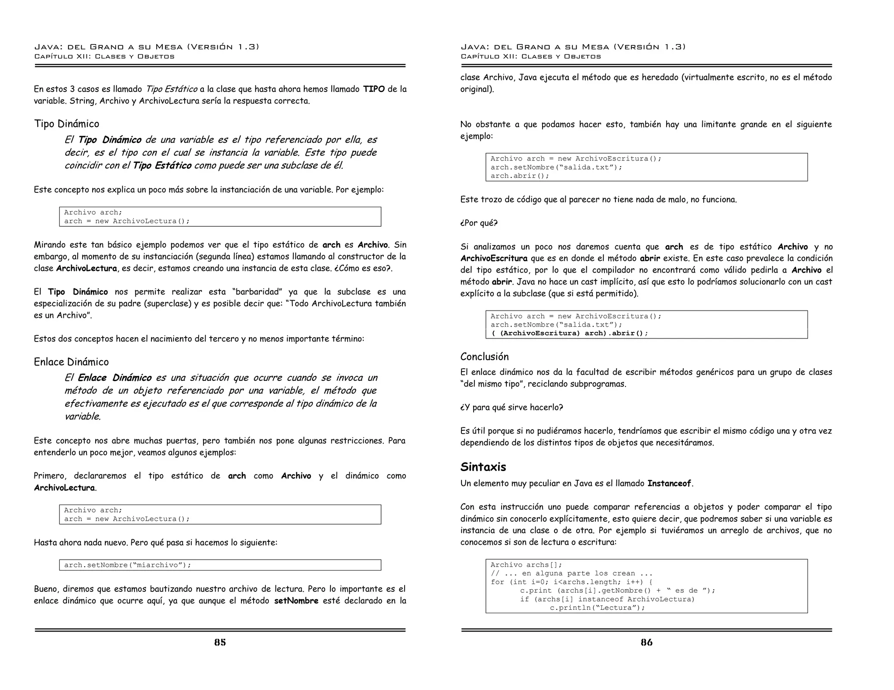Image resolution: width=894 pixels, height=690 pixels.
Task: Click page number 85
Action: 220,642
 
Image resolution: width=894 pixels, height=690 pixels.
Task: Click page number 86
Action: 646,642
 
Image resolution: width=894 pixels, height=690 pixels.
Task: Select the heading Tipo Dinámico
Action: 66,124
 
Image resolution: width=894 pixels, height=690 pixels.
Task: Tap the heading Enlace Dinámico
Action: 71,362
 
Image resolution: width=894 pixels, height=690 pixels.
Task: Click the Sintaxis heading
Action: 483,467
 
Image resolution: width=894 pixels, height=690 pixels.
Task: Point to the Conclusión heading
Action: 484,357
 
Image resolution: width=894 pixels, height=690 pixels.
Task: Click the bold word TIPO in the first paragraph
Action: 374,89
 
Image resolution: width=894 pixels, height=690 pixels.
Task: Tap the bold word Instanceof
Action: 669,483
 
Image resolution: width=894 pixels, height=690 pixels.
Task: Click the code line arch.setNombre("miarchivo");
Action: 127,565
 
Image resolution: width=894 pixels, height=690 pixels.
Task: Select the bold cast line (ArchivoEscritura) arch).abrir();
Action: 569,333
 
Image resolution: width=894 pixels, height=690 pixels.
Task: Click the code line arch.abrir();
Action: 519,176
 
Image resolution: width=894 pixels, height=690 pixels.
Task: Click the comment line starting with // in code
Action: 571,574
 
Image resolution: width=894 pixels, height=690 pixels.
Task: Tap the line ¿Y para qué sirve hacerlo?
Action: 511,407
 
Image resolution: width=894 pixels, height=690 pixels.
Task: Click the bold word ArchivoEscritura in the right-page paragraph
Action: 493,258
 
